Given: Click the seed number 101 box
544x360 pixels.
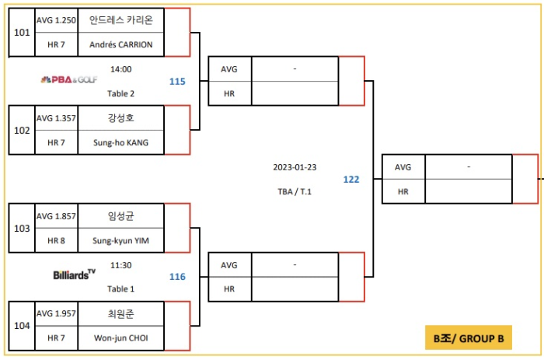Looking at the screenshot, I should (x=22, y=33).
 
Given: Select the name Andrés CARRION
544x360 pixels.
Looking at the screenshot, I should (x=121, y=45).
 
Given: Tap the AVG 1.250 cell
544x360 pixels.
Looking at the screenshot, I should (x=56, y=21).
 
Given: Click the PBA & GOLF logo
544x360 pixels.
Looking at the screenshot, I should (x=69, y=79).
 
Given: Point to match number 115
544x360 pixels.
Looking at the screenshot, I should (x=177, y=81).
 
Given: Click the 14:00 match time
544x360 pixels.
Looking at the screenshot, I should (x=121, y=68).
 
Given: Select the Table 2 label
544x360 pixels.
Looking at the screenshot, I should (x=121, y=93).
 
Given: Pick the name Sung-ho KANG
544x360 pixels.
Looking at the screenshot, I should (x=121, y=143).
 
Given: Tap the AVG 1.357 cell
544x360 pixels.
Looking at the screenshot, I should (x=56, y=119).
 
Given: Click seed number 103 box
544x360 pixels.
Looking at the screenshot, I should (x=22, y=229).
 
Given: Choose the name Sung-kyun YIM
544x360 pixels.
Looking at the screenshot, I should (x=121, y=241).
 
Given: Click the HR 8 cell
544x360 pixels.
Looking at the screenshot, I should (x=56, y=241).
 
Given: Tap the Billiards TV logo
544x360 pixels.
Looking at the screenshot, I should (x=75, y=274).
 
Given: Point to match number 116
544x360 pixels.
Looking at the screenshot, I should (x=177, y=276).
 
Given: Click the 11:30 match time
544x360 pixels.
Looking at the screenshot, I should (x=120, y=264).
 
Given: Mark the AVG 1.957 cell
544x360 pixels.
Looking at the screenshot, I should (x=56, y=314).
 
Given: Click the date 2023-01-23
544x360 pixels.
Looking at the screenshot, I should (x=296, y=167).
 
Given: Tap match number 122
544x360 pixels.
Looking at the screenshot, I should (x=351, y=180).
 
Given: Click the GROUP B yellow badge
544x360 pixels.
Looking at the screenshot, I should (x=468, y=338).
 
